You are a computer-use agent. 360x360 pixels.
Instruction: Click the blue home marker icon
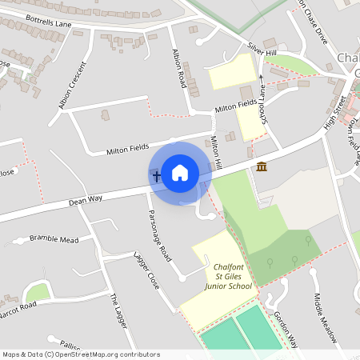pyautogui.click(x=180, y=172)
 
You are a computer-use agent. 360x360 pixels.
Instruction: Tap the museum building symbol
pyautogui.click(x=262, y=166)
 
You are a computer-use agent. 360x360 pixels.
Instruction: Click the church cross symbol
pyautogui.click(x=154, y=174)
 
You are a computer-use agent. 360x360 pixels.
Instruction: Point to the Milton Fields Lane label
pyautogui.click(x=235, y=106)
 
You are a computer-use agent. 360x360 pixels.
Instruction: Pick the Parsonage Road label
pyautogui.click(x=160, y=236)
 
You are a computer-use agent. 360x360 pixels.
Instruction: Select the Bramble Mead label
pyautogui.click(x=54, y=238)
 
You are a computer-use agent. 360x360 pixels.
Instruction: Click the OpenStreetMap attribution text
pyautogui.click(x=81, y=354)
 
